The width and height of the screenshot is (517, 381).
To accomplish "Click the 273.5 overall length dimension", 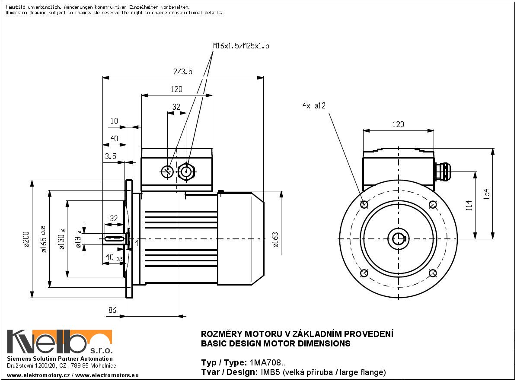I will point(183,72).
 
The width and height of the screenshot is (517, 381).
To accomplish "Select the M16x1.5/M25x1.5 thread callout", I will point(241,45).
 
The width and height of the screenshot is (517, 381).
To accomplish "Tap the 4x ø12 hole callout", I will point(314,105).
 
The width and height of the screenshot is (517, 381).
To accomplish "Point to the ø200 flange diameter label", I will point(26,238).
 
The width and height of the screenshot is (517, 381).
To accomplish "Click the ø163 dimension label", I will point(275,239).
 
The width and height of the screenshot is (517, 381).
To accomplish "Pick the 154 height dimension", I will point(486,194).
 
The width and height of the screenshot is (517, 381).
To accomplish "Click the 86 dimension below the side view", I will point(112,310).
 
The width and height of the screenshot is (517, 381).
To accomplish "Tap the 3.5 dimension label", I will point(110,156).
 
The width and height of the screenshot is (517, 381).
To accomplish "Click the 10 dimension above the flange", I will point(114,121).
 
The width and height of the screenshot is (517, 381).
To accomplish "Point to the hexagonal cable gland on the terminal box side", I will point(187,171).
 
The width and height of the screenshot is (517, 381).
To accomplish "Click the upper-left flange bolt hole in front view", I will point(364,204).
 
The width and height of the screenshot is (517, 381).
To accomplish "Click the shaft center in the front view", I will point(398,238).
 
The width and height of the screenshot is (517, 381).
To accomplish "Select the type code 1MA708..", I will point(268,362).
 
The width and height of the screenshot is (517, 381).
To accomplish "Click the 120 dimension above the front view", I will point(398,124).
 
